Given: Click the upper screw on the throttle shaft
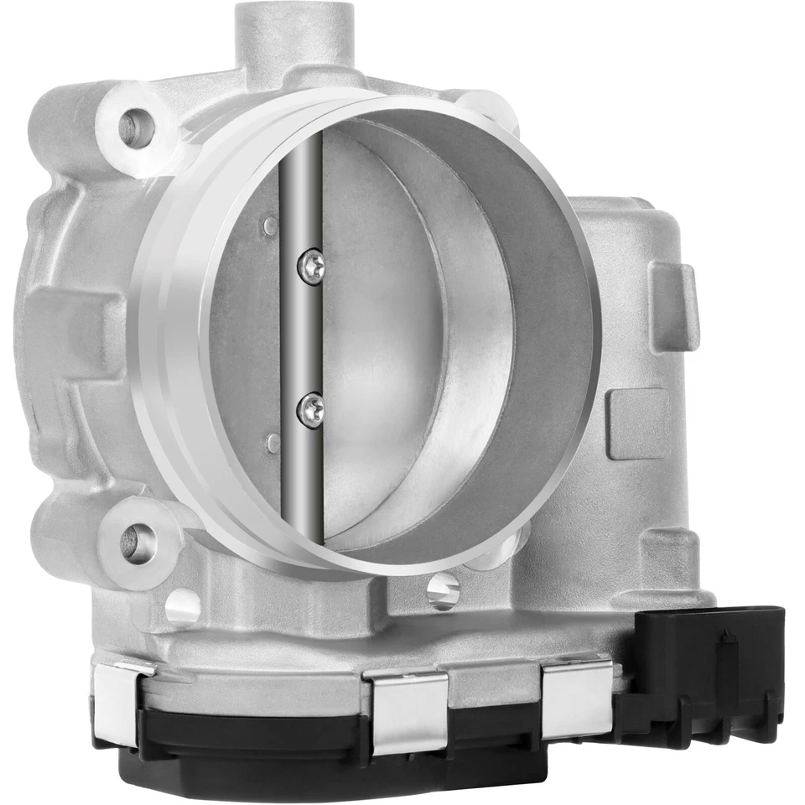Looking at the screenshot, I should tap(310, 266).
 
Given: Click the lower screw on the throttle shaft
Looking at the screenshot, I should tap(310, 409).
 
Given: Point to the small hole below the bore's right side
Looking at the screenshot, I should tap(442, 590).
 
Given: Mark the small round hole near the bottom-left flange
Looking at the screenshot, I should tap(182, 606).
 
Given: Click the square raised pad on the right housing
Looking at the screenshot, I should tap(639, 423).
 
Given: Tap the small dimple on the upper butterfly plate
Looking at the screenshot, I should tap(269, 225).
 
